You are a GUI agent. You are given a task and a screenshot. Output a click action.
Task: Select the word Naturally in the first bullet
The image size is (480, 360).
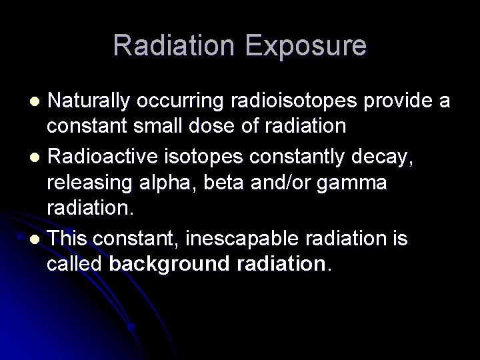coord(93,101)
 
